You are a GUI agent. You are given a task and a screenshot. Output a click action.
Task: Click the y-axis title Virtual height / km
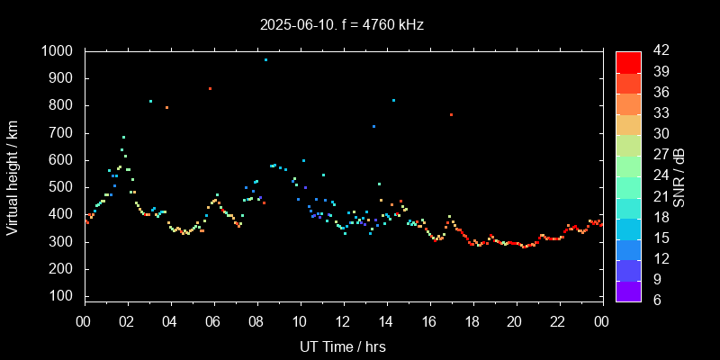13,177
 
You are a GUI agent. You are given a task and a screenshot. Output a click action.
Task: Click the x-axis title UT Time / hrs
343,346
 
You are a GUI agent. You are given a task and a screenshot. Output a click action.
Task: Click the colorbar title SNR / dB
679,176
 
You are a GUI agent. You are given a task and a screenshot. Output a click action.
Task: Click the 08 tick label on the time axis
256,322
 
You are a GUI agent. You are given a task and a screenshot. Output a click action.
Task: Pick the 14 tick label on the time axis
386,322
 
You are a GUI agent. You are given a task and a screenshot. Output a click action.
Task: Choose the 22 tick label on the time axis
558,322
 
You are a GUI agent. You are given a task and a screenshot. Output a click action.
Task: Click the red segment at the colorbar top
628,61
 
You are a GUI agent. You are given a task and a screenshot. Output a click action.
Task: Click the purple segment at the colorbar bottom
628,291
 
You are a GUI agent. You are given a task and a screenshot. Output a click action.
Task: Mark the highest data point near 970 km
265,59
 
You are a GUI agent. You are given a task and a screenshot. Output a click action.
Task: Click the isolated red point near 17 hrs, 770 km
451,114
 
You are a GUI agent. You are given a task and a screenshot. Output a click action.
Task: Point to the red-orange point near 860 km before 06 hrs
210,88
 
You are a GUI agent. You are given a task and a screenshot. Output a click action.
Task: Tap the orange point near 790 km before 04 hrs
166,107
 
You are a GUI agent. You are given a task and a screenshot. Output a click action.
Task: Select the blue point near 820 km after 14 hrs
393,100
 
